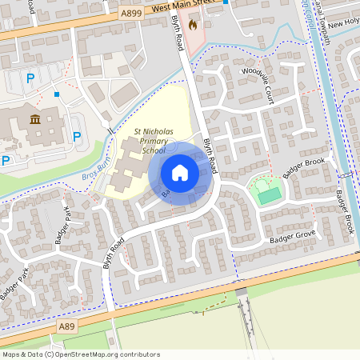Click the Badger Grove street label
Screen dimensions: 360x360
tap(294, 238)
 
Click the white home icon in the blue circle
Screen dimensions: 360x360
tap(180, 172)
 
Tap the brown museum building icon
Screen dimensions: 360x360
tap(35, 120)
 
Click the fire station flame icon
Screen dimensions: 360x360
tap(193, 25)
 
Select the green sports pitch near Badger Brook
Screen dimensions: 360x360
tap(268, 194)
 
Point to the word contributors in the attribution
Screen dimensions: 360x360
tap(142, 354)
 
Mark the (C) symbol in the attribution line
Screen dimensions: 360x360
tap(50, 354)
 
